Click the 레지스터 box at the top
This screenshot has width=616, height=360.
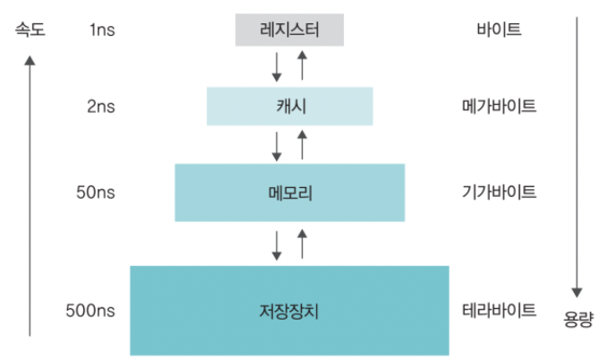tap(289, 30)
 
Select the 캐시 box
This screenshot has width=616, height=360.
tap(289, 106)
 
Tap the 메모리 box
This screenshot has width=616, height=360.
tap(289, 192)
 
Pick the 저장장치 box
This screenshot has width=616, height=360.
tap(289, 311)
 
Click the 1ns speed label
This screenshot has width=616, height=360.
tap(102, 30)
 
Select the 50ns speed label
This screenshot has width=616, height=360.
tap(98, 192)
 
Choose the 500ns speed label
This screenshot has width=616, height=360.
tap(90, 311)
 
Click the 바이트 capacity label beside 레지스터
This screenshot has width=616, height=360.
tap(500, 30)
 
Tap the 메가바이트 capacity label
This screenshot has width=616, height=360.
tap(500, 106)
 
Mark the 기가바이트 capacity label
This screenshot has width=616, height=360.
tap(500, 192)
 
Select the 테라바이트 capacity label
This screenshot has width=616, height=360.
tap(500, 311)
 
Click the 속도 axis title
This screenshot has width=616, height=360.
tap(30, 30)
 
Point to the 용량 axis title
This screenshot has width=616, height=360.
tap(577, 320)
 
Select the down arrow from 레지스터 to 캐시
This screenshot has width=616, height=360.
tap(277, 66)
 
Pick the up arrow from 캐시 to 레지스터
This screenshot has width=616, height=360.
tap(302, 66)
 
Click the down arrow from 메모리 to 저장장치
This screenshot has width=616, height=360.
tap(277, 244)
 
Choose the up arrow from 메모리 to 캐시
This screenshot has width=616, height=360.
tap(302, 144)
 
